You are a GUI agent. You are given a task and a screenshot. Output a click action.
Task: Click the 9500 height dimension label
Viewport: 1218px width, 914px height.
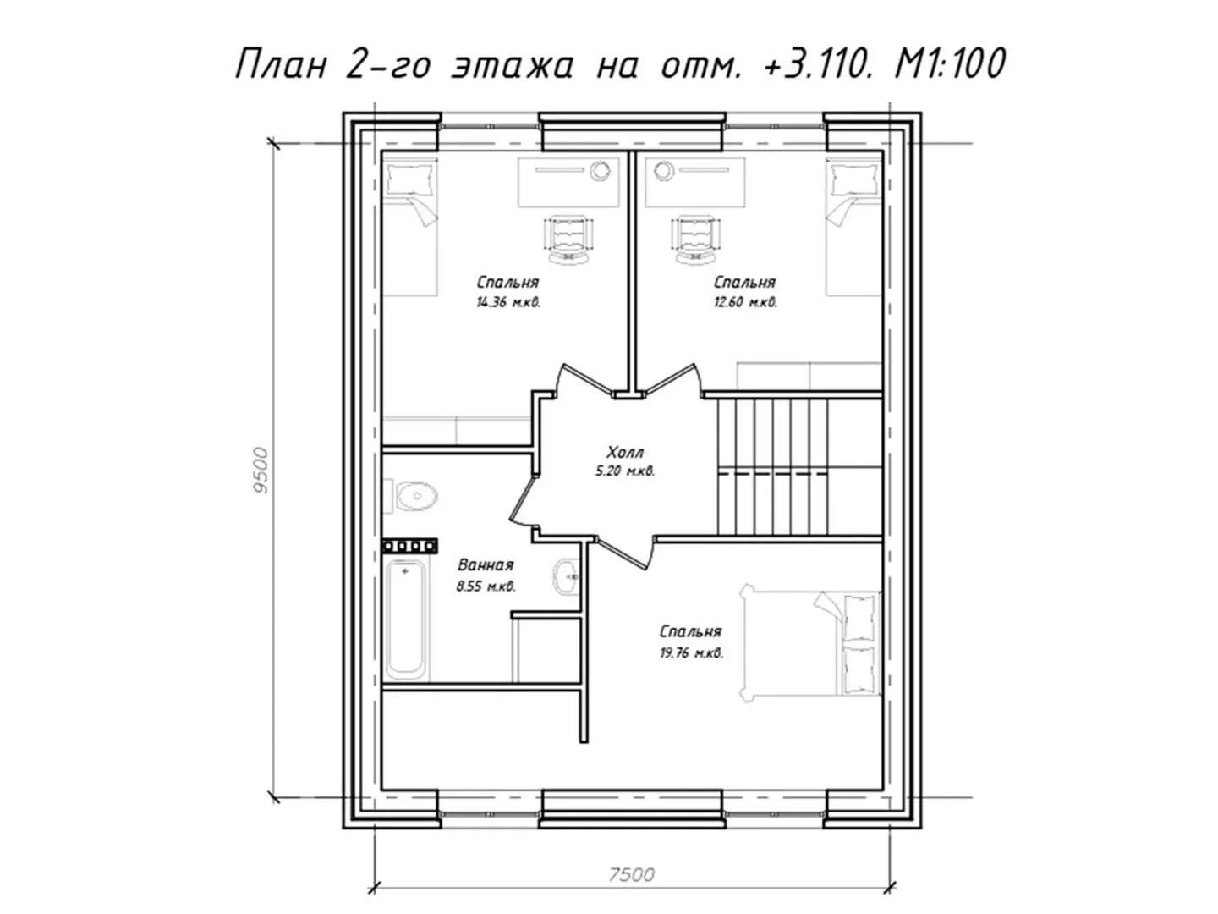pyautogui.click(x=261, y=470)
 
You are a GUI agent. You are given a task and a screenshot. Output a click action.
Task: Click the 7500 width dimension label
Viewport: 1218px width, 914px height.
pyautogui.click(x=632, y=874)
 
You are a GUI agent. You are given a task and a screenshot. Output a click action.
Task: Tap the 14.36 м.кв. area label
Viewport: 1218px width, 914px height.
pyautogui.click(x=508, y=302)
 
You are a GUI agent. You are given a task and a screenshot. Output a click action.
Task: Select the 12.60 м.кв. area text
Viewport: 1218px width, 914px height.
pyautogui.click(x=745, y=302)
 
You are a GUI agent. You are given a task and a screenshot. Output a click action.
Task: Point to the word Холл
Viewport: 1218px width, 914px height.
pyautogui.click(x=625, y=452)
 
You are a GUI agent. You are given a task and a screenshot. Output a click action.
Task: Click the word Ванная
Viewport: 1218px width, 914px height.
pyautogui.click(x=486, y=565)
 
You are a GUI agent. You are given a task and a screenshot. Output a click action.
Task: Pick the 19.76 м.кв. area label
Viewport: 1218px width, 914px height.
pyautogui.click(x=691, y=652)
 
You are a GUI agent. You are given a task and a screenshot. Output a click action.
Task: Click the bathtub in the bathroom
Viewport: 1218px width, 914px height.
pyautogui.click(x=407, y=619)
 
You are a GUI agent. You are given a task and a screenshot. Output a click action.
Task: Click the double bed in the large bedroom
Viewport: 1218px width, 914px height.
pyautogui.click(x=810, y=644)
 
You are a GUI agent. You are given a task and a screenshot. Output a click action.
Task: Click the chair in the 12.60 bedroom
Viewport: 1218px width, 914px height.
pyautogui.click(x=696, y=240)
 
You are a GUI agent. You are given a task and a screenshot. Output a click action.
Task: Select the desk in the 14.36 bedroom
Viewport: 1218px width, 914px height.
pyautogui.click(x=568, y=182)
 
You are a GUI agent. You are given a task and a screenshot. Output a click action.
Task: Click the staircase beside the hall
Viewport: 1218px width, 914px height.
pyautogui.click(x=799, y=466)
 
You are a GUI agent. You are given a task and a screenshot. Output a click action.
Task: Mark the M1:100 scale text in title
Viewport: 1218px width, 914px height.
pyautogui.click(x=950, y=63)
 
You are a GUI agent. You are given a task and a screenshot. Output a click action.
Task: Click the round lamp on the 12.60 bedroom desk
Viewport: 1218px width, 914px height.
pyautogui.click(x=663, y=170)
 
